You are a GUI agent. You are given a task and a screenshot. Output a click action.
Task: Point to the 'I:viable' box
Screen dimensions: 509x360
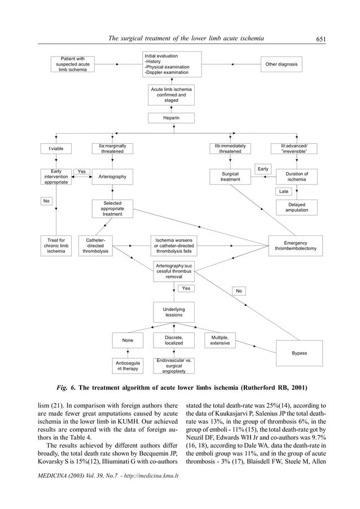(x=56, y=149)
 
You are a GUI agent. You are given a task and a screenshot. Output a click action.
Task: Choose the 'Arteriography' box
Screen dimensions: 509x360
(x=112, y=177)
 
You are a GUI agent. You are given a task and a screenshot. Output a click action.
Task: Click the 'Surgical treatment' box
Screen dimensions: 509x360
(x=230, y=177)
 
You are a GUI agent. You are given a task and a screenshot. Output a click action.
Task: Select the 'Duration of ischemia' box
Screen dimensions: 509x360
(x=296, y=177)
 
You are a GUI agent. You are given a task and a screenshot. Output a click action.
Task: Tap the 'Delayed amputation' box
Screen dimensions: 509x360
(x=296, y=208)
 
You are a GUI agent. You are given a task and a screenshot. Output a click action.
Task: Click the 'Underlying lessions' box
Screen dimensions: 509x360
(x=174, y=312)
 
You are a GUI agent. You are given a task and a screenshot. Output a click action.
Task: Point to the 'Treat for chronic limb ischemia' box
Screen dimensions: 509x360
(x=56, y=246)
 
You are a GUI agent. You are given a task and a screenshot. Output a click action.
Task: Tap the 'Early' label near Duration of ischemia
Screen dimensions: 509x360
(x=263, y=169)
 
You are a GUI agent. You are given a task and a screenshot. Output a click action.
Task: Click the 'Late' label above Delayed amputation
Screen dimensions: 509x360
(x=284, y=191)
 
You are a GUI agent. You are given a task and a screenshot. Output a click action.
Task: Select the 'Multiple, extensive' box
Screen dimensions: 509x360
(x=219, y=340)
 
